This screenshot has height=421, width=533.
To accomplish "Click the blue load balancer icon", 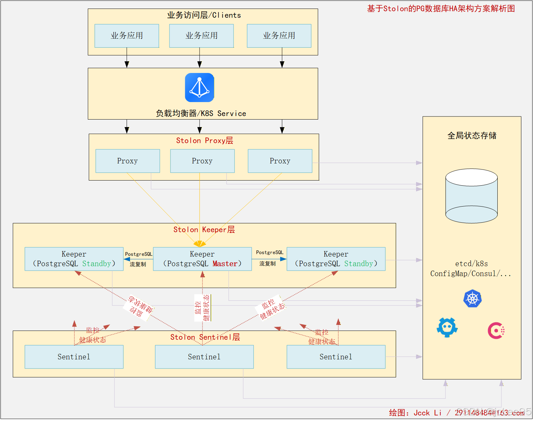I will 199,88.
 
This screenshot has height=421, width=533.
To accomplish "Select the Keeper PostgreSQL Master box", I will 202,259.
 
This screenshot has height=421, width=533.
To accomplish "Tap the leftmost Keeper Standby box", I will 74,259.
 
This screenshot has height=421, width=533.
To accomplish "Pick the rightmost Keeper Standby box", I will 336,259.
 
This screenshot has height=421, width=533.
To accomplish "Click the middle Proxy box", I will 202,161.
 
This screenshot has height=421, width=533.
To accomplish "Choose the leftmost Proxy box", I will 128,161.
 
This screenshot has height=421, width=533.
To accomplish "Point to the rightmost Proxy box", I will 280,161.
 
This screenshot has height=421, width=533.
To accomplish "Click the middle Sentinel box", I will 204,357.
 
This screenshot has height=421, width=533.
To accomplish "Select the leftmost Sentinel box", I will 74,357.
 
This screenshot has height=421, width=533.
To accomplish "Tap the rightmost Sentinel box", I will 336,357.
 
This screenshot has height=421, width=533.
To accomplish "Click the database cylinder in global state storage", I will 471,196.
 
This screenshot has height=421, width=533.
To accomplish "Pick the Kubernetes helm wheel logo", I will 472,299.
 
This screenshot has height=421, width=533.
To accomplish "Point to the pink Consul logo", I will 496,331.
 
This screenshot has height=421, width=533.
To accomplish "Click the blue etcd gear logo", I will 447,327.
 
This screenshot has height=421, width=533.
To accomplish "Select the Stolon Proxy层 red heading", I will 204,140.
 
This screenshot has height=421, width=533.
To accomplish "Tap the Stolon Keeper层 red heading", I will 204,230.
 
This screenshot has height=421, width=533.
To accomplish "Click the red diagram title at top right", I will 441,9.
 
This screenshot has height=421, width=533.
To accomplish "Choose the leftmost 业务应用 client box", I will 127,36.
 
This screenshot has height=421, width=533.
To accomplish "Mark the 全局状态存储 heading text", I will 472,136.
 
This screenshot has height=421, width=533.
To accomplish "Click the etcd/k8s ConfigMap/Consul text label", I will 471,269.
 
